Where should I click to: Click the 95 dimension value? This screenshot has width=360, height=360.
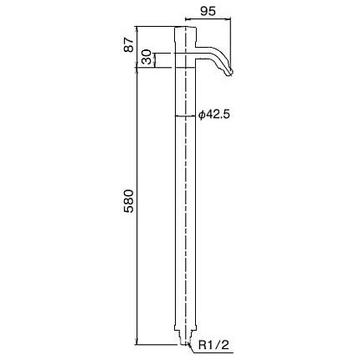[x=208, y=12]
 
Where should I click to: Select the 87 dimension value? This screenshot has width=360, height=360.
[x=129, y=44]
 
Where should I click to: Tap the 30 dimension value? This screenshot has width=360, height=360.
[x=146, y=57]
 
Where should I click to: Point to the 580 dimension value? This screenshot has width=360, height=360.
[x=129, y=201]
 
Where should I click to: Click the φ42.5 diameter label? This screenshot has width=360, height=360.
[x=214, y=115]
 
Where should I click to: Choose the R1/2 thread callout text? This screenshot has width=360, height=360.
[x=213, y=345]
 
